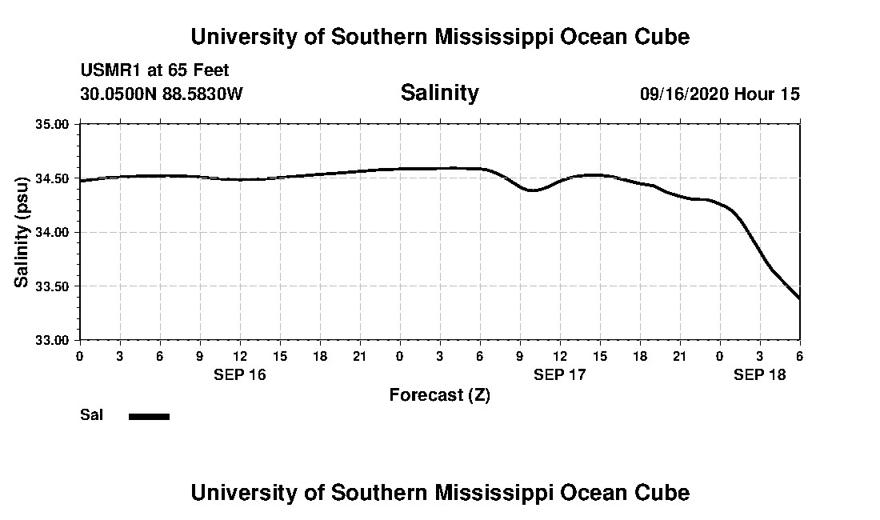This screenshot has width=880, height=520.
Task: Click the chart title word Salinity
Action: click(x=439, y=93)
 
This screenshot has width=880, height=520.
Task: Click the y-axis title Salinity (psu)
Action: click(x=22, y=232)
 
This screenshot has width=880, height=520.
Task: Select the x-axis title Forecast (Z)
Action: click(x=439, y=394)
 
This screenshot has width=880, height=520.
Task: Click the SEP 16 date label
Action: click(x=240, y=374)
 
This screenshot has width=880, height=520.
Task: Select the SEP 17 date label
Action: click(x=560, y=374)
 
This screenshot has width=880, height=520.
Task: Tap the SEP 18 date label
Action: click(x=760, y=374)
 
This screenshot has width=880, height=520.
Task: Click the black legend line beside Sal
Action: click(x=150, y=416)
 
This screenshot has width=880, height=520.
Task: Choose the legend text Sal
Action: click(x=90, y=415)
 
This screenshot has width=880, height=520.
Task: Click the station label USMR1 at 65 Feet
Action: click(x=154, y=71)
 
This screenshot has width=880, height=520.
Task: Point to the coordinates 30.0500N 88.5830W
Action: click(x=161, y=94)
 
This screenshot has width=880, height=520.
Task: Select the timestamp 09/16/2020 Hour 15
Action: click(x=719, y=94)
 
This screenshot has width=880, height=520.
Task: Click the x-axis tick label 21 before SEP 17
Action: click(x=360, y=355)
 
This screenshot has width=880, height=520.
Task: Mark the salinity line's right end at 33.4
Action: click(x=799, y=298)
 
